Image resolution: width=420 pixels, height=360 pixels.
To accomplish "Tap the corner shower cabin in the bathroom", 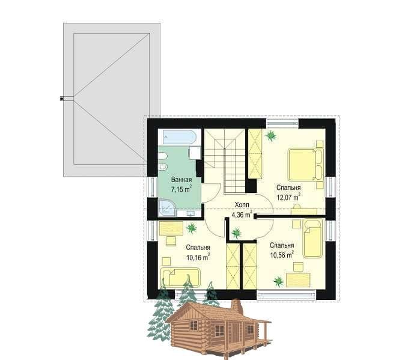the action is (x=166, y=207).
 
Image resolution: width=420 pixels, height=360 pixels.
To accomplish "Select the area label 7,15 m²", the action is (x=181, y=189).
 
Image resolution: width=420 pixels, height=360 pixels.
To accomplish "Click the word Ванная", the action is (x=181, y=180).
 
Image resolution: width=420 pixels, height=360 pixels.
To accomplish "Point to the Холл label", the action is (x=242, y=205).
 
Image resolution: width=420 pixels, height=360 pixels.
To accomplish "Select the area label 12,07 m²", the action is (x=288, y=197).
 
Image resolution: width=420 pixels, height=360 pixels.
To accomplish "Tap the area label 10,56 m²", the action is (x=282, y=255).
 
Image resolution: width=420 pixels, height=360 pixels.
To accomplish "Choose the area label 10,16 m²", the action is (x=198, y=257).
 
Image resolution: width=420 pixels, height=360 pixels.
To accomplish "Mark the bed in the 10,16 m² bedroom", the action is (x=180, y=277).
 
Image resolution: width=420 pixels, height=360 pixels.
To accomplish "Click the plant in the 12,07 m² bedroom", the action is (x=270, y=136).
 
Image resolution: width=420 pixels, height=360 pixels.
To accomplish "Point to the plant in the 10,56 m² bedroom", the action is (x=278, y=281).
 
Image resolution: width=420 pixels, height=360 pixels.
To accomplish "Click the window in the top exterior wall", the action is (x=282, y=123).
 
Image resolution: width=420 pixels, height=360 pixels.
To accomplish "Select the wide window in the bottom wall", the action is (x=286, y=294).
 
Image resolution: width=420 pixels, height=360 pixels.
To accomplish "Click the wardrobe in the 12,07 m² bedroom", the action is (x=255, y=154).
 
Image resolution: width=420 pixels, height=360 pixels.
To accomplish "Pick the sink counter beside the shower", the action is (x=189, y=213).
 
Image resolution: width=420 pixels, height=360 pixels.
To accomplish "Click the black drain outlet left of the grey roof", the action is (x=62, y=99).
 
